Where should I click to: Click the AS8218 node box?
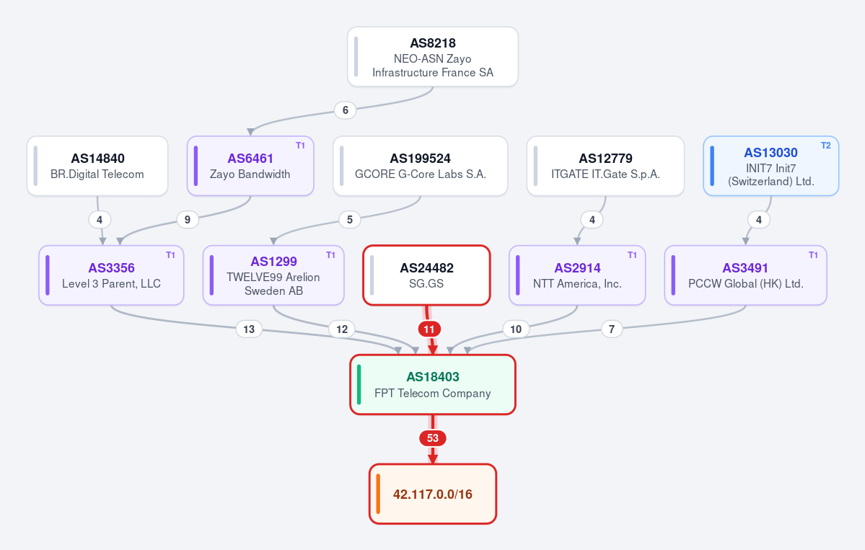433,57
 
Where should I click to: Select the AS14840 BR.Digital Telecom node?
97,166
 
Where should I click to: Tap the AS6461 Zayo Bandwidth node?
250,166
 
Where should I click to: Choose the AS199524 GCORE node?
421,166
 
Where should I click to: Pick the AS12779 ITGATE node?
606,166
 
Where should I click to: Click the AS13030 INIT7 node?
771,166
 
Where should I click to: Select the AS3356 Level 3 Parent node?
111,275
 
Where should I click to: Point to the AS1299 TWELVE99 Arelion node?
273,275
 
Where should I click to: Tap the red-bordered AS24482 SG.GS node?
426,275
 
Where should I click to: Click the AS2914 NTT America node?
577,275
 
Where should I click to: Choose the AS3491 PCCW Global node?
746,275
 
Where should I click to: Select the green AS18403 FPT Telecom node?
433,385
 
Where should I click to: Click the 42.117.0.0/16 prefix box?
433,494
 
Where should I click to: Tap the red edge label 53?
433,438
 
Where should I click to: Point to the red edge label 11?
429,329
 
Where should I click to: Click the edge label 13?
249,329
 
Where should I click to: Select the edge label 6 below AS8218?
346,110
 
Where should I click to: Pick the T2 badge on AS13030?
826,146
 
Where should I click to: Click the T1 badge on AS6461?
301,146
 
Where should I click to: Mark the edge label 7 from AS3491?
611,329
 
